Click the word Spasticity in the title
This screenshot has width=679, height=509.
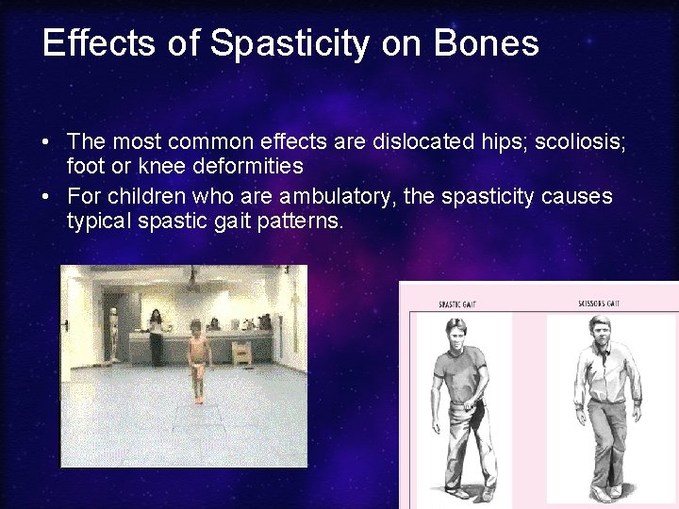tap(290, 44)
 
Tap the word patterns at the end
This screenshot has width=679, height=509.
tap(297, 221)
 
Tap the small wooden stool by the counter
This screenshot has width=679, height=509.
tap(241, 352)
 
